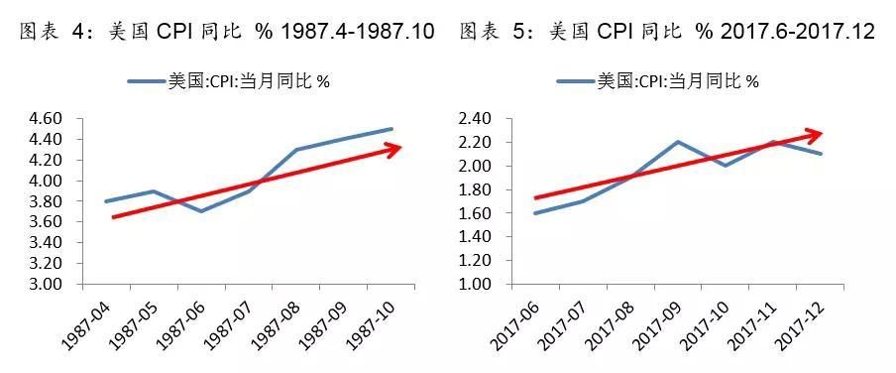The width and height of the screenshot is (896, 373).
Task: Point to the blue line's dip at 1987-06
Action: [x=200, y=211]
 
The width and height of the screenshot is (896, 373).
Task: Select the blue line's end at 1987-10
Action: [x=392, y=129]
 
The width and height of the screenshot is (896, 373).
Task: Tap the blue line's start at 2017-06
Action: [x=536, y=213]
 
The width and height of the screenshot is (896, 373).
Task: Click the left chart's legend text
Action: [x=249, y=81]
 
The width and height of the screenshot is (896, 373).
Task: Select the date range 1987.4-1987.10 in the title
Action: [x=358, y=32]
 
